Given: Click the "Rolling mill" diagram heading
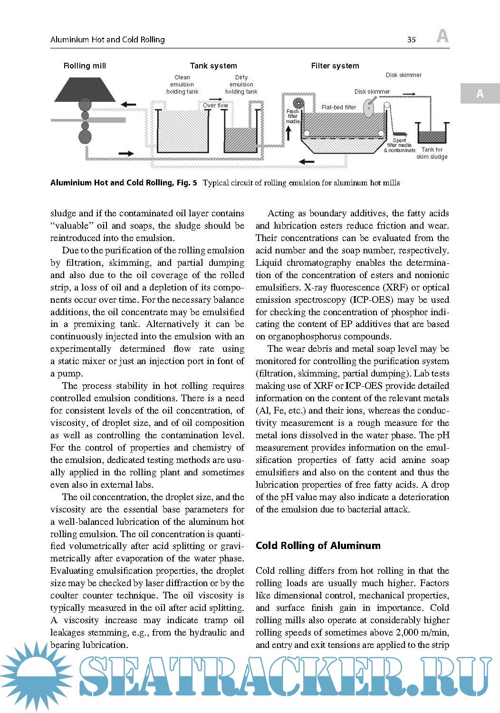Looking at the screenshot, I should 85,66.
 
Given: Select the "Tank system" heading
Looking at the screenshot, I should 213,66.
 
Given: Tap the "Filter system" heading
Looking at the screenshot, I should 335,66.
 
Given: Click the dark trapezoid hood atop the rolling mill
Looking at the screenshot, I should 85,90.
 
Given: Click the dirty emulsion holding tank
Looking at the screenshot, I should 241,138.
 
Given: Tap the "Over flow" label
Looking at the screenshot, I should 215,106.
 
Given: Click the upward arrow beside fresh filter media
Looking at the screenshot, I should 288,133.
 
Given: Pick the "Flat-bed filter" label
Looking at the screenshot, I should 338,107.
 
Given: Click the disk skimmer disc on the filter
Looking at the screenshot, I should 369,108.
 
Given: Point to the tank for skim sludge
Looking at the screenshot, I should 432,134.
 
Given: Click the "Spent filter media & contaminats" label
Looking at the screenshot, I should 399,145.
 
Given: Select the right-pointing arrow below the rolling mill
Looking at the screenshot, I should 125,154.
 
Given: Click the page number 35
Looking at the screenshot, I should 412,40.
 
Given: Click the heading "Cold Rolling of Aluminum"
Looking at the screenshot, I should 318,546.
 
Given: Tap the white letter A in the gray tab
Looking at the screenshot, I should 480,94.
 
